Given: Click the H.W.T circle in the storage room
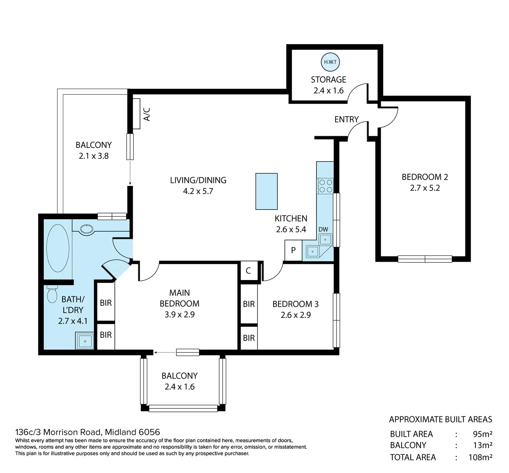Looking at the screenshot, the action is [x=330, y=62].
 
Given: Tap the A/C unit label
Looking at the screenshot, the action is [x=147, y=114].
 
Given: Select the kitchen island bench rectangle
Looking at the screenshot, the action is [x=266, y=191].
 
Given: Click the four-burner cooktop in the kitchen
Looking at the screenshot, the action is [x=325, y=186].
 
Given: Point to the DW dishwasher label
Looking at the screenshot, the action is [x=323, y=229].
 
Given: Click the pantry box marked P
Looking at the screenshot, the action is [x=293, y=250].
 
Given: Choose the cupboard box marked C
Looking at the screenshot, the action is [x=248, y=271].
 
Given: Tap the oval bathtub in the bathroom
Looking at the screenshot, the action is [x=58, y=248].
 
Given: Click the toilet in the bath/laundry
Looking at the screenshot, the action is [x=52, y=294].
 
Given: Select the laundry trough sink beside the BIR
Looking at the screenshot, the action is [x=85, y=341].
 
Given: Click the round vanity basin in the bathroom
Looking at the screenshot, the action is [x=87, y=229].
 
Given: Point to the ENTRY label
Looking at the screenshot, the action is [x=346, y=119].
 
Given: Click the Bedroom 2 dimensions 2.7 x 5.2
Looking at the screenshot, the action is [x=425, y=188].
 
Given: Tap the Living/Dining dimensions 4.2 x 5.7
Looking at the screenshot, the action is [x=198, y=191].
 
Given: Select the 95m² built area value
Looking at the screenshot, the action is [x=482, y=434].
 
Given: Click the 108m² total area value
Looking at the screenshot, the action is [x=480, y=457].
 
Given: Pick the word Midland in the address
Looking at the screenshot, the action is [x=120, y=432].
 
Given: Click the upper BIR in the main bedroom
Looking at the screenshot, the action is [x=106, y=303].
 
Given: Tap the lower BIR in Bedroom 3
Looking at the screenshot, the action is [x=249, y=338].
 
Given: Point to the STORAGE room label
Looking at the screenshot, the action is [x=328, y=80].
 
